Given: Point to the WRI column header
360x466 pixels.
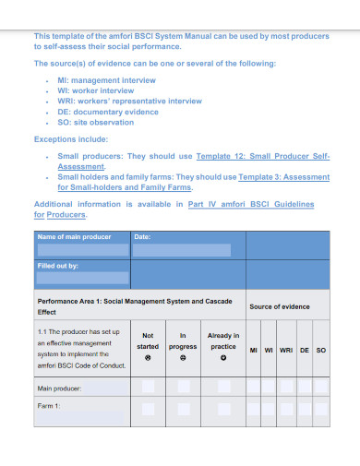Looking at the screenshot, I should point(286,350).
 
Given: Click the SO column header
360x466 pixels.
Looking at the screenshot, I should point(321,350).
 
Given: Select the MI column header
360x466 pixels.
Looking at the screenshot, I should point(254,350).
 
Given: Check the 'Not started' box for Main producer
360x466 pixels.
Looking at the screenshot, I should point(148,387).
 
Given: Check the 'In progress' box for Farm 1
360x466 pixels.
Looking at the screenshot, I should point(186,407).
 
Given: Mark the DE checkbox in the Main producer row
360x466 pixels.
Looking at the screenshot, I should point(305,387).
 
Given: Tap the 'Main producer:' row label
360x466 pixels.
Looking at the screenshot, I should point(59,388).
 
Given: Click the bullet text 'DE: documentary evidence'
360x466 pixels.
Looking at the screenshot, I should point(108,111).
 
